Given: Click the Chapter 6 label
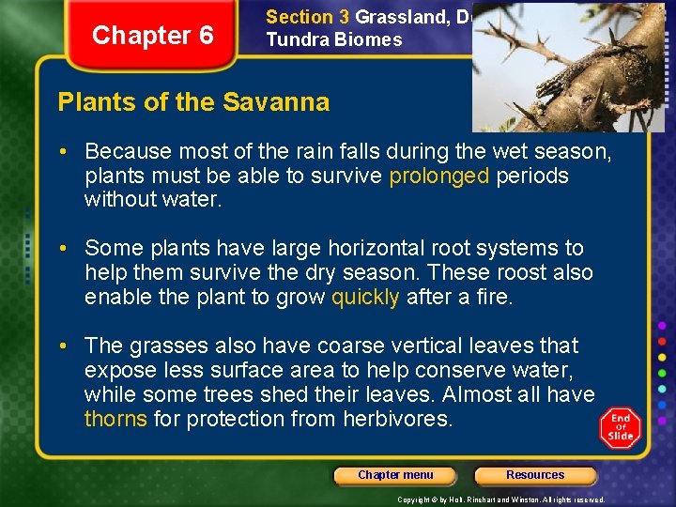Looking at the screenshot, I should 153,36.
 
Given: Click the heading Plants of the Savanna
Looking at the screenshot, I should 193,102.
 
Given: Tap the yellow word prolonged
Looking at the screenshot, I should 439,176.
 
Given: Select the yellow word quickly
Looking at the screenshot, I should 366,298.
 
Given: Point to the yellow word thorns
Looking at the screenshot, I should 115,419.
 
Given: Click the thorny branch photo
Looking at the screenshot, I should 567,66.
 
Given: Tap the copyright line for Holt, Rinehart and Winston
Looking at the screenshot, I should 500,499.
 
